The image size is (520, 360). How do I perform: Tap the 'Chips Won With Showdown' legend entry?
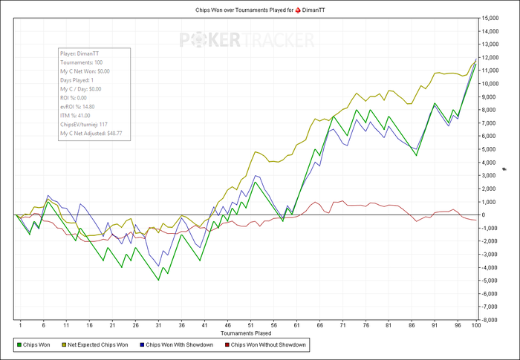point(176,345)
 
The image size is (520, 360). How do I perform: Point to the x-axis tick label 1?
point(20,325)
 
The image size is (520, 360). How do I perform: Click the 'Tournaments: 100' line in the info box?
point(82,62)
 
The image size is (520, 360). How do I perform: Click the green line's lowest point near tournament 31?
point(157,280)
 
